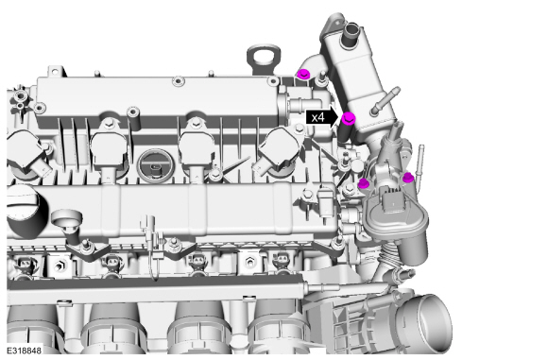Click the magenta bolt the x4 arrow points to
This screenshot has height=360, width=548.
click(x=348, y=118)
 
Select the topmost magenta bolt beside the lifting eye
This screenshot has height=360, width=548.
click(x=302, y=74)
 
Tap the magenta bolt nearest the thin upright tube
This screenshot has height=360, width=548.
click(x=407, y=178)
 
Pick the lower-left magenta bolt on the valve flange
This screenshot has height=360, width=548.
click(x=364, y=182)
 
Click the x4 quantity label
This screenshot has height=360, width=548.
click(x=318, y=118)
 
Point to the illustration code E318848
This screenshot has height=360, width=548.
click(x=25, y=351)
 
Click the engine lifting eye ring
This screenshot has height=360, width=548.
click(x=264, y=57)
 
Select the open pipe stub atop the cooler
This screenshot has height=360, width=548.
click(x=351, y=35)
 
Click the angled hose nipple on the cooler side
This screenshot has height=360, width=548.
click(x=385, y=100)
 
